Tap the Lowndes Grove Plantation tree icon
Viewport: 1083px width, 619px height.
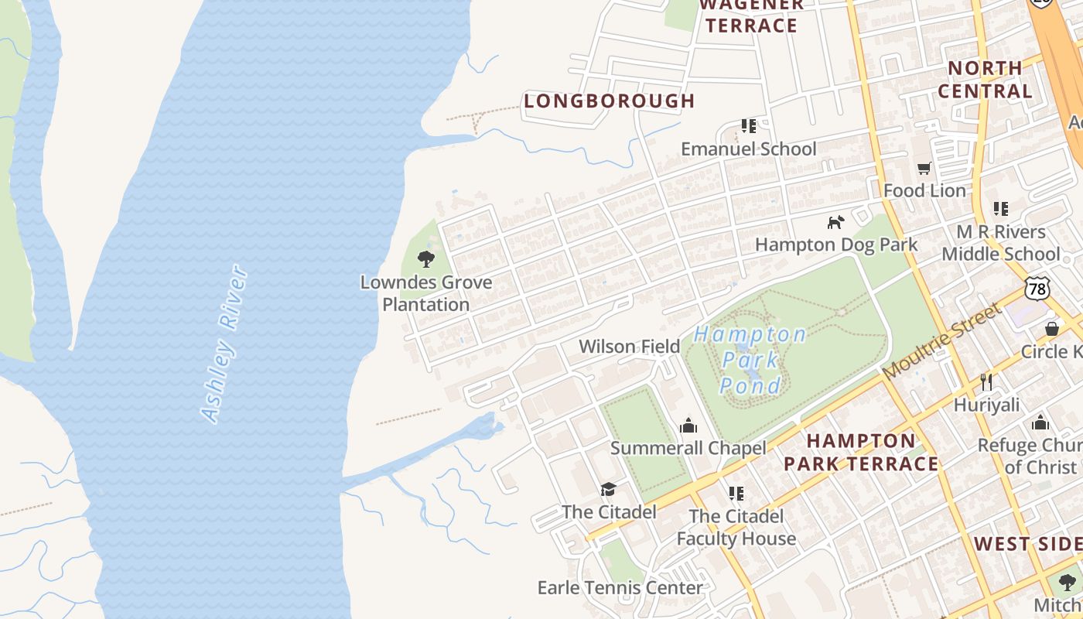pos(425,258)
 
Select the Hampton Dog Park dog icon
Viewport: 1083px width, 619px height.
pos(835,223)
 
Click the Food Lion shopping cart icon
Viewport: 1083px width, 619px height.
pos(924,168)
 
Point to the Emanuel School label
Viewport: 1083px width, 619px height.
pos(748,149)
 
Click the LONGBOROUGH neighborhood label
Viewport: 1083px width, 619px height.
pos(610,101)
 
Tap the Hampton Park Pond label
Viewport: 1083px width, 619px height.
pos(750,359)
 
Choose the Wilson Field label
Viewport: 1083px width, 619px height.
pos(629,346)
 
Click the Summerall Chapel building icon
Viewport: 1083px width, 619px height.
pos(688,426)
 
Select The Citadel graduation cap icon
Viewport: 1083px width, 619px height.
pos(608,489)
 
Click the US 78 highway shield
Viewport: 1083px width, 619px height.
pos(1037,289)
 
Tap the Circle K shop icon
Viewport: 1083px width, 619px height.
pos(1051,329)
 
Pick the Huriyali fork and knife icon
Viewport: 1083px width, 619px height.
pos(986,381)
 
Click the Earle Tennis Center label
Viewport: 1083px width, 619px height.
pos(620,587)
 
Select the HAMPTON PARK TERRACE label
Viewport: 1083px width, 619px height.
pos(861,453)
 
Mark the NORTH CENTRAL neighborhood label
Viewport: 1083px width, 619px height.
pos(985,80)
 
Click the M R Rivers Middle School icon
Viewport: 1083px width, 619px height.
pos(1000,209)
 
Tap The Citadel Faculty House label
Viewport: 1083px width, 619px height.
pos(736,527)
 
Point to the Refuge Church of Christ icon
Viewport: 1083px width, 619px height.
pos(1040,422)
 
